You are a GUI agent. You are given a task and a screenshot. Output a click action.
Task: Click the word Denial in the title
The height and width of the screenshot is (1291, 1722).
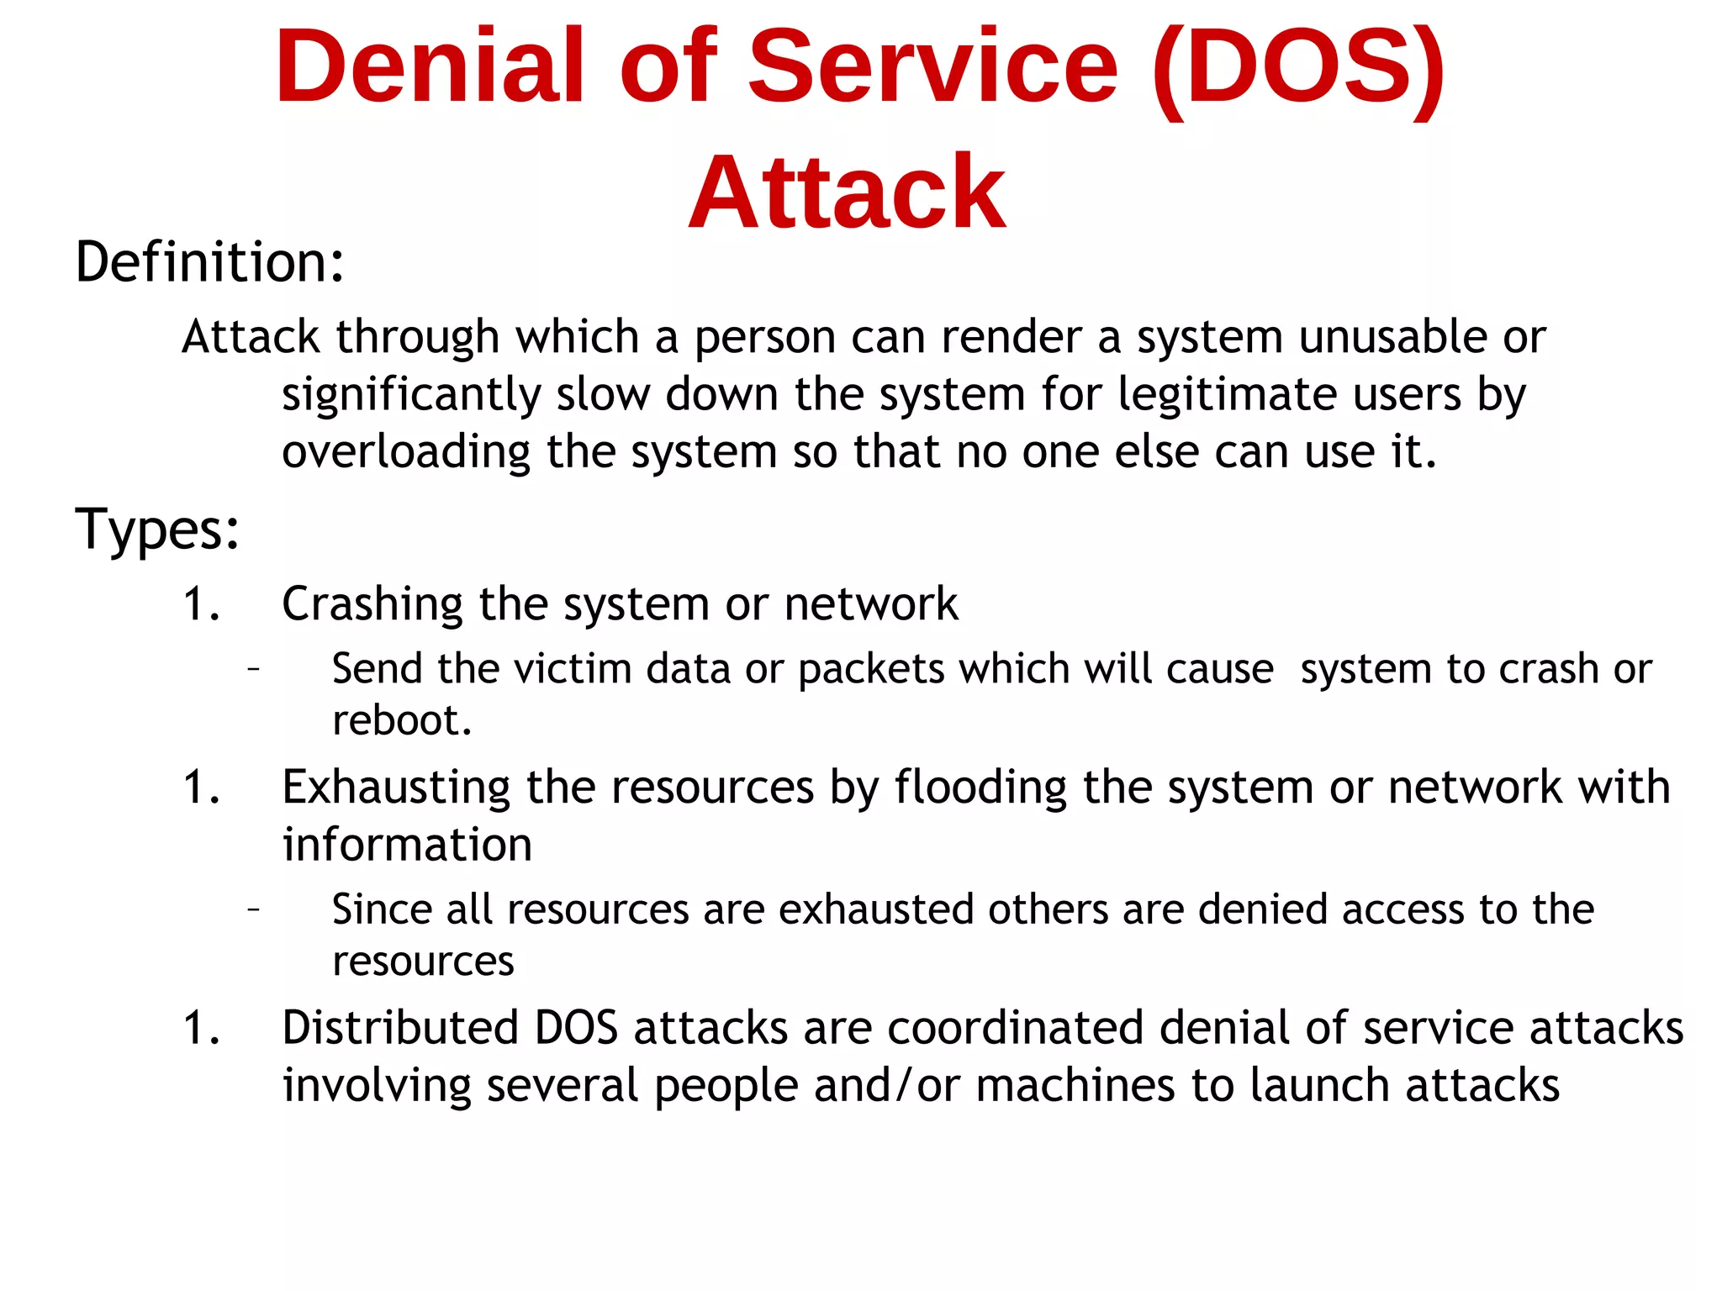pos(429,67)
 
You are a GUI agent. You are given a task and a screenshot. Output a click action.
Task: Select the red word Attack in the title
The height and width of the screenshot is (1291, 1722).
pos(847,193)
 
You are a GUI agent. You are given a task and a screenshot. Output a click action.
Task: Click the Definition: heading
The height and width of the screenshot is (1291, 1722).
pos(209,262)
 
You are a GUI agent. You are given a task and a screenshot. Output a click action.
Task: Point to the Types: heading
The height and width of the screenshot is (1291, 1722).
pos(157,530)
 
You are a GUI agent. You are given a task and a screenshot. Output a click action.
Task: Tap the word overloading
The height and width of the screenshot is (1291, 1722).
pos(406,452)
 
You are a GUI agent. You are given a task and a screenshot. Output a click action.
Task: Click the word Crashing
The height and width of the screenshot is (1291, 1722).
pos(372,604)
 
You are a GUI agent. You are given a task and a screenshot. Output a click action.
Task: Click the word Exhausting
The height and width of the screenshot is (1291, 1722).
pos(396,788)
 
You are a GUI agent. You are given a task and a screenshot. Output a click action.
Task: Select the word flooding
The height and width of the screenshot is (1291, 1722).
pos(980,788)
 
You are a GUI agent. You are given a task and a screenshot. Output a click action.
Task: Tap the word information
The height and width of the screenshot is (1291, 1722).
pos(407,845)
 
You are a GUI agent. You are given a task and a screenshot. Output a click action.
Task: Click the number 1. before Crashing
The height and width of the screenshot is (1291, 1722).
pos(202,604)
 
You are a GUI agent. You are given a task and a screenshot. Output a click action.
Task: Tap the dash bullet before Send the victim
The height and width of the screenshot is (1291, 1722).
pos(253,669)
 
